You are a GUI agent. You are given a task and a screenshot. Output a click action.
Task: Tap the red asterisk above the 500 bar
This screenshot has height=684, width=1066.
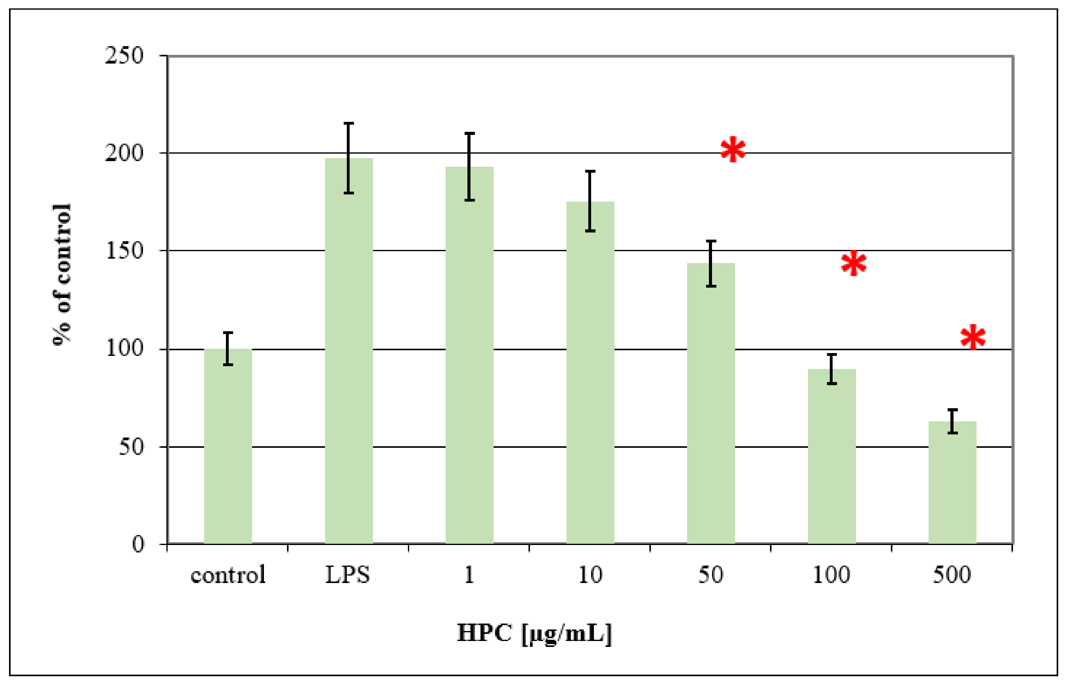coord(973,337)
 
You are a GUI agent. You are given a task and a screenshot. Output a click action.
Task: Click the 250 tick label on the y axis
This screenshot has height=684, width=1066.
coord(124,56)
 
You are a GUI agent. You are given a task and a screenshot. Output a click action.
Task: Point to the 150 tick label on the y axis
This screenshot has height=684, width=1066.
coord(124,251)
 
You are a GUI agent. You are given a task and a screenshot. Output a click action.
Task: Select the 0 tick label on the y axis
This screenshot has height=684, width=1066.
coord(138,544)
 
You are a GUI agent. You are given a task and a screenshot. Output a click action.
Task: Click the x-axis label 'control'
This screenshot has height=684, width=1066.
coord(228,575)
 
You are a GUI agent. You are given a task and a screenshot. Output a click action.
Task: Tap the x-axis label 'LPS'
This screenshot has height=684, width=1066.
coord(348,575)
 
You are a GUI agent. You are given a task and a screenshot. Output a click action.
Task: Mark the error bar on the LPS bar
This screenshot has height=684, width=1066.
coord(349,158)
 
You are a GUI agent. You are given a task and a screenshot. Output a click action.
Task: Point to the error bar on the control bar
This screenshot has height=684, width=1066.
coord(228,349)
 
